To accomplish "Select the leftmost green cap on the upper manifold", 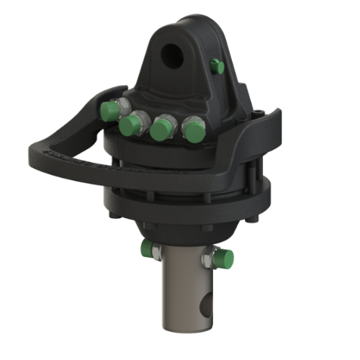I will point(110,110).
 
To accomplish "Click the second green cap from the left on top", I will point(130,127).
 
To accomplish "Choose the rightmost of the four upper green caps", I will point(192,130).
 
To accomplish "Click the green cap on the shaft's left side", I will point(147,250).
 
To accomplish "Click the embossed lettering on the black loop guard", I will point(79,159).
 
